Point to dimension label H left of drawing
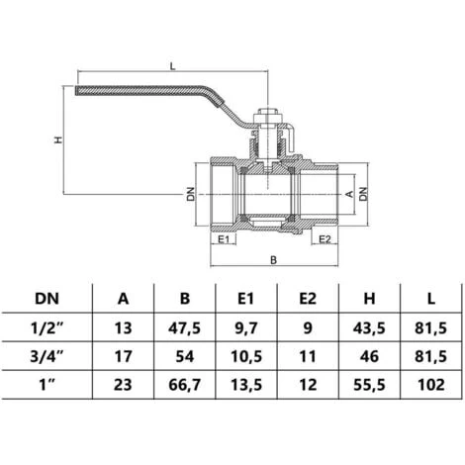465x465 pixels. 56,139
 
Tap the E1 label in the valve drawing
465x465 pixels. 224,238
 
